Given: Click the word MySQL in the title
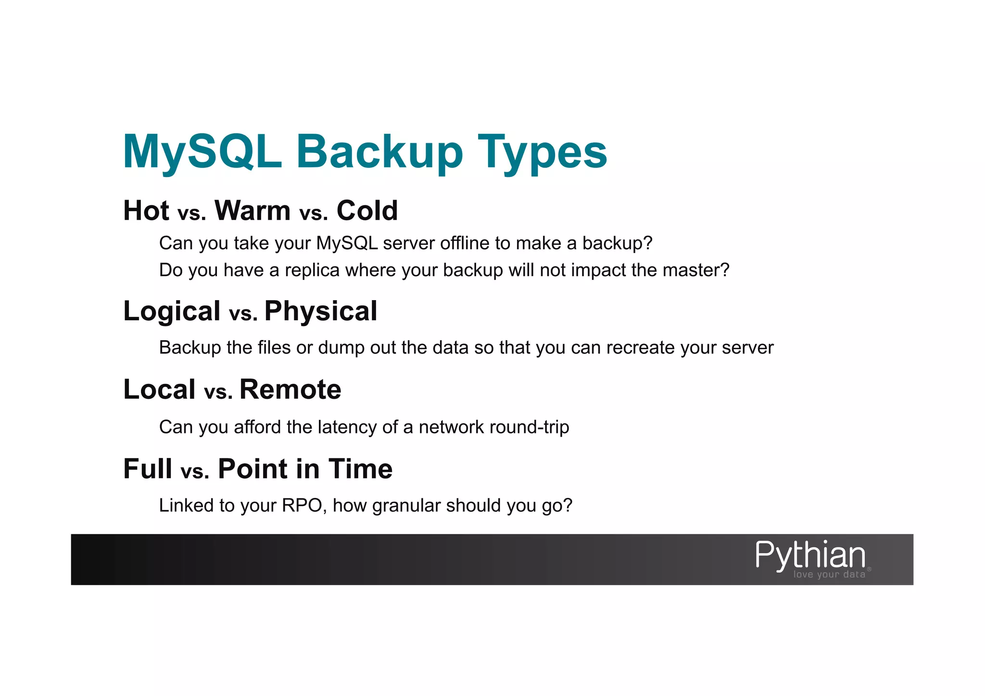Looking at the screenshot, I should click(202, 152).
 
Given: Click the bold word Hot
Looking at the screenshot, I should click(146, 211).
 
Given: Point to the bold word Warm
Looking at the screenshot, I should click(253, 211).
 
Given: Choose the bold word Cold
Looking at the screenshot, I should click(367, 211).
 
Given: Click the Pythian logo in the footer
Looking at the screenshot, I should click(812, 558).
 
